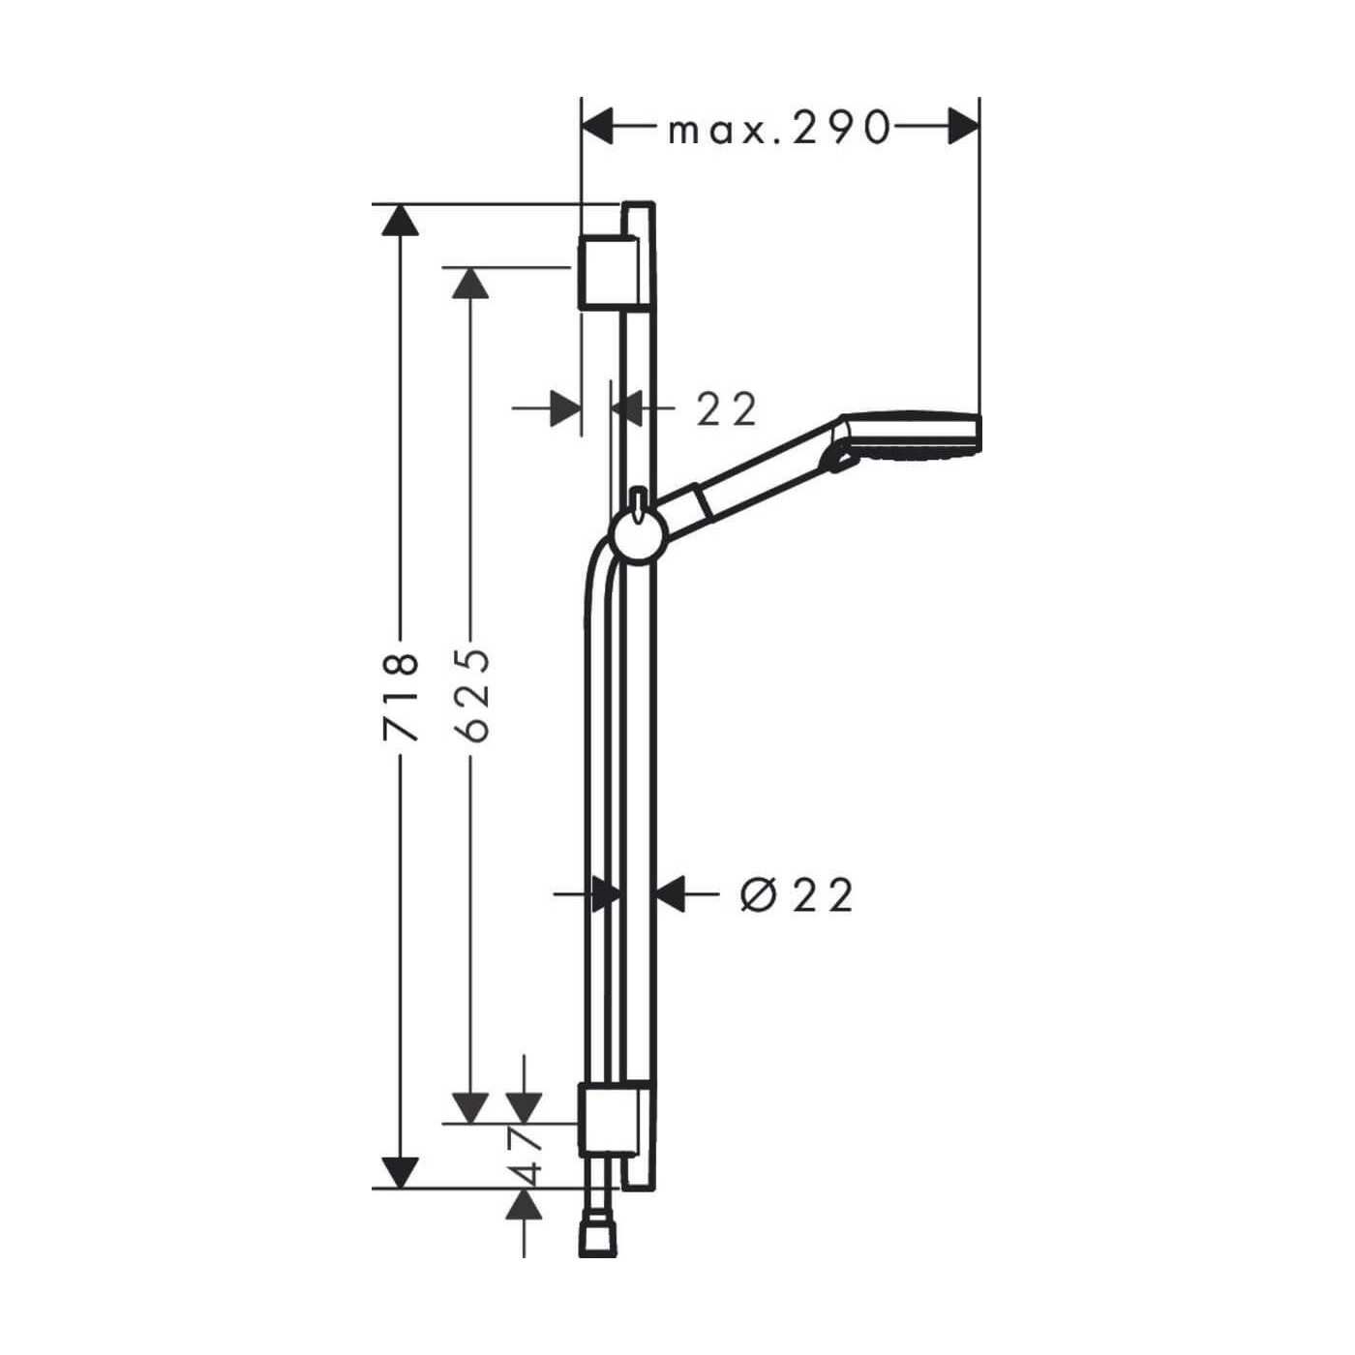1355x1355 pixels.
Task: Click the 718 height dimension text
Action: point(402,697)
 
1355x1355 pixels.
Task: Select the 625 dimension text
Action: point(470,696)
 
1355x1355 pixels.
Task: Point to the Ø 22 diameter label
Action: point(797,896)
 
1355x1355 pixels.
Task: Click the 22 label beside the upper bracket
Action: point(727,409)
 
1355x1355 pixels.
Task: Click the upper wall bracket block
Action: point(608,271)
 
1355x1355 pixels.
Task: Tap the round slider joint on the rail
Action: point(639,536)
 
